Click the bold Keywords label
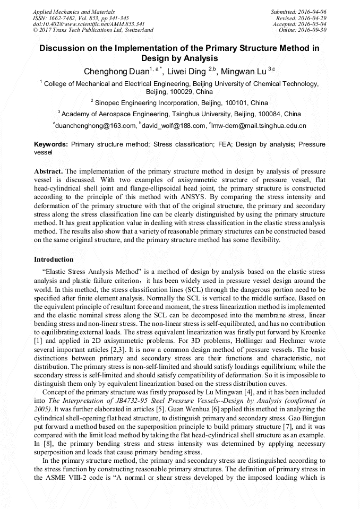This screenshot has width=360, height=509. [x=50, y=144]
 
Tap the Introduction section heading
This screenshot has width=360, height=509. [x=54, y=260]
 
